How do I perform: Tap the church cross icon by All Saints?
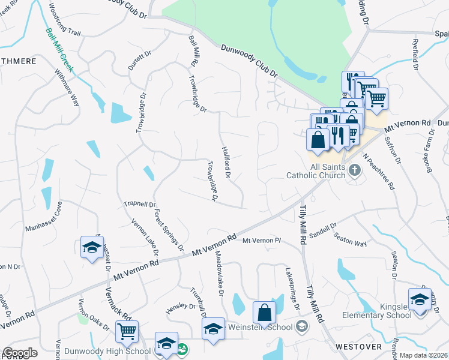[355, 171]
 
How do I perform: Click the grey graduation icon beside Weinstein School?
[303, 327]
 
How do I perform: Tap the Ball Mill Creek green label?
[60, 50]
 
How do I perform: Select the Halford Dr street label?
[226, 163]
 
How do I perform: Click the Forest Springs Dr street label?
[167, 230]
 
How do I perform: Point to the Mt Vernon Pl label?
[262, 241]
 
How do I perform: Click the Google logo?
[20, 353]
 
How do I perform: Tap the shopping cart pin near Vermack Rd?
[127, 331]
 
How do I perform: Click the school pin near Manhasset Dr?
[91, 248]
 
